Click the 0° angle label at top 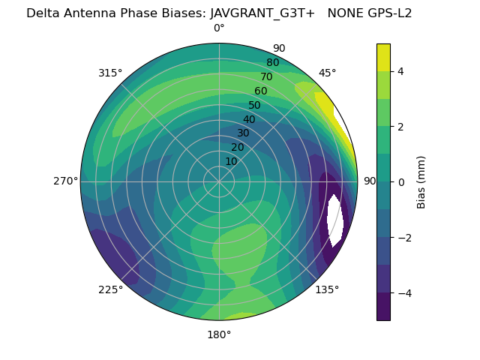[219, 28]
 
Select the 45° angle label [327, 73]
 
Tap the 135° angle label [327, 289]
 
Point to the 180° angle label [219, 334]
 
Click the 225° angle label [110, 289]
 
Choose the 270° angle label [66, 181]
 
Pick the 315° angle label [110, 73]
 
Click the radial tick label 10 [231, 161]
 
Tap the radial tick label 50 [254, 105]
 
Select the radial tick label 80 [272, 62]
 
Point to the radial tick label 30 [243, 133]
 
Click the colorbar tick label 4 [401, 71]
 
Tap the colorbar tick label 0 [401, 182]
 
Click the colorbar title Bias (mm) [421, 182]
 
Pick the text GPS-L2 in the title [387, 13]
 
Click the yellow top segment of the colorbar [383, 58]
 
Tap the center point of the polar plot [219, 181]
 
